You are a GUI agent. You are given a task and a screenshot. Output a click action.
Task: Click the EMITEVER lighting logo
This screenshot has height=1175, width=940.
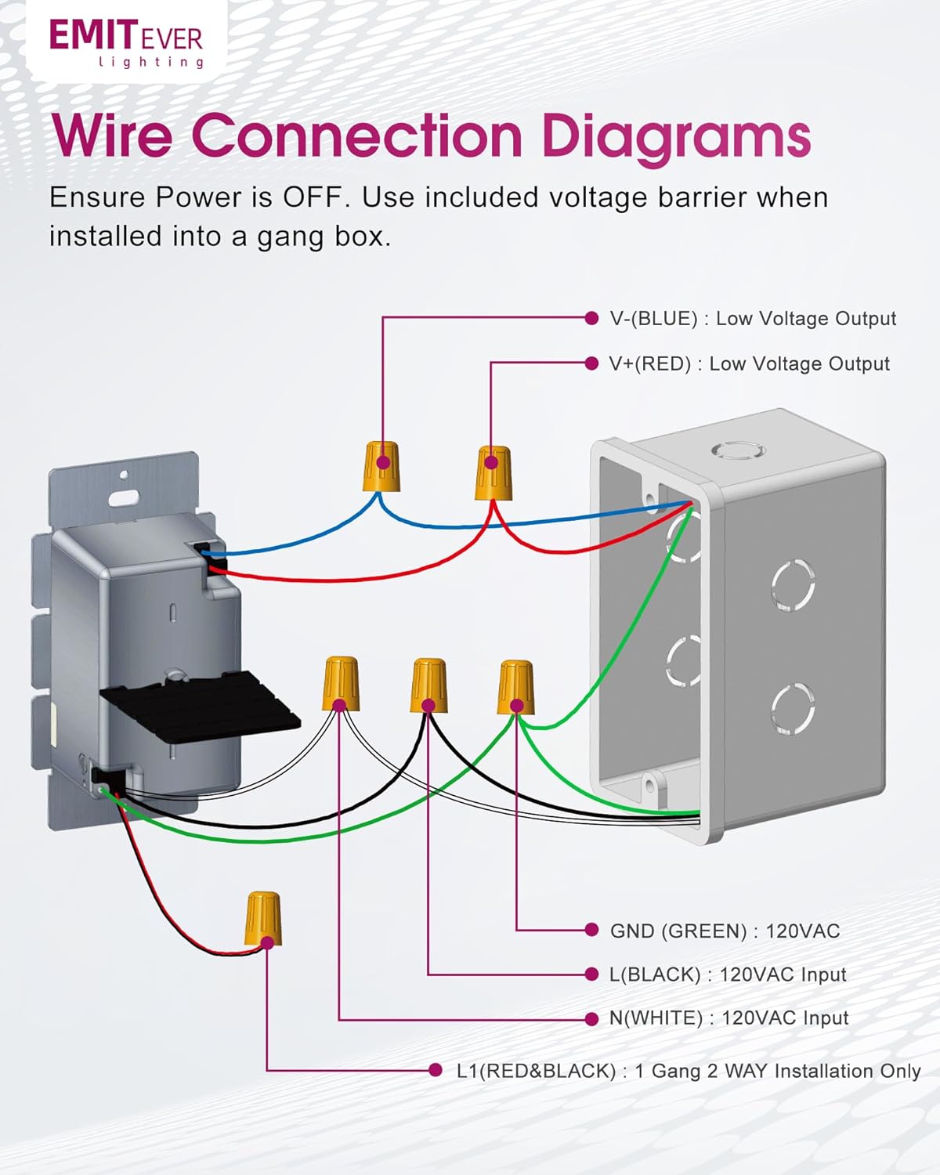tap(126, 42)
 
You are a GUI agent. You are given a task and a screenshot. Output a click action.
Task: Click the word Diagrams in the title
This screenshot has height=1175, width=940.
tap(675, 136)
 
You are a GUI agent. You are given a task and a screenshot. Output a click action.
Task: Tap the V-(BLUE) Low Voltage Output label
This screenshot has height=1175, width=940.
tap(752, 319)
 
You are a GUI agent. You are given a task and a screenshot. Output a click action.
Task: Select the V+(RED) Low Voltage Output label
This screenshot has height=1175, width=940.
tap(749, 364)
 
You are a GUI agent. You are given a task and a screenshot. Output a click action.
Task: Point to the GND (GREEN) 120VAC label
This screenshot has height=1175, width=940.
tap(725, 931)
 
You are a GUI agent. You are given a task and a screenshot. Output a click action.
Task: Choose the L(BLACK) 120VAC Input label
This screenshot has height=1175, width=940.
tap(728, 975)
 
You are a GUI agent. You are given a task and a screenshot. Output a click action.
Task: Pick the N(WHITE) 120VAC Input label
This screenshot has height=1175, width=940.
tap(728, 1018)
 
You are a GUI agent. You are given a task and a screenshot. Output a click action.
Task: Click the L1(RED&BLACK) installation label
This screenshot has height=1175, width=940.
tap(688, 1071)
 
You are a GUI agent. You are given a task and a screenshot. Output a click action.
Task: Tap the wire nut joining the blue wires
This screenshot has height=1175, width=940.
tap(382, 465)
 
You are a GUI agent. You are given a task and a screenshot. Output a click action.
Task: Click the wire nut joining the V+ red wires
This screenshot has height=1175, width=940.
tap(493, 472)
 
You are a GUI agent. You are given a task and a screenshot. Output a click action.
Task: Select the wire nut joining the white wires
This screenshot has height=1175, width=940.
tap(341, 683)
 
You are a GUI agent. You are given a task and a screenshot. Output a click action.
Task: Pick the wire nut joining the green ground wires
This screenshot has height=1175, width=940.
tap(515, 687)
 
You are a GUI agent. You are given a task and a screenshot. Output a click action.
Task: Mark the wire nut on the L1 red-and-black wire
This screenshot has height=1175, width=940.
tap(264, 918)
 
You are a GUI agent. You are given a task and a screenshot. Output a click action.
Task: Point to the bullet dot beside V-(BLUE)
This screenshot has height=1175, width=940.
tap(591, 318)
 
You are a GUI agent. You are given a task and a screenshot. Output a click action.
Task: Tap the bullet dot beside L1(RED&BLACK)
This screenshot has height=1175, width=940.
tap(436, 1070)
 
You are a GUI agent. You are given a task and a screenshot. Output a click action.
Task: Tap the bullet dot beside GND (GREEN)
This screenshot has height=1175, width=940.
tap(591, 930)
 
